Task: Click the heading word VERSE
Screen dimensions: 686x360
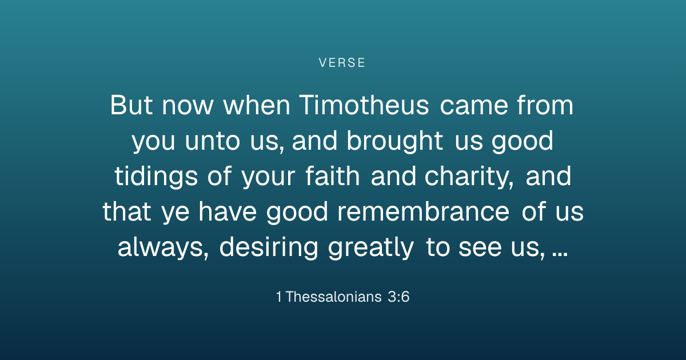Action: coord(342,63)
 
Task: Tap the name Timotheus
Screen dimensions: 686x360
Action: coord(364,105)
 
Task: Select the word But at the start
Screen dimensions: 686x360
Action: coord(131,105)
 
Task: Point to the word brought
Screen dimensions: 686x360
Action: coord(395,141)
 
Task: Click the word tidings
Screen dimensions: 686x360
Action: coord(156,177)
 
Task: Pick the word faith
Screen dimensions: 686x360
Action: coord(333,176)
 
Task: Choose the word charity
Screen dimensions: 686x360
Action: coord(469,177)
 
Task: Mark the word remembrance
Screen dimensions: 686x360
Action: coord(423,211)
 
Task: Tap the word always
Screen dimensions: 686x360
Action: coord(163,247)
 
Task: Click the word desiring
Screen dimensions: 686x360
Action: coord(269,247)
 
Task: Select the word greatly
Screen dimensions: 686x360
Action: coord(371,247)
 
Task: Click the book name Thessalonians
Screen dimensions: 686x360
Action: coord(333,297)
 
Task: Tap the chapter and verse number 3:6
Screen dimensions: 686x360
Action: coord(398,297)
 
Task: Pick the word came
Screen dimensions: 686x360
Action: coord(474,106)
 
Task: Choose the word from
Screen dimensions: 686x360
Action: coord(545,105)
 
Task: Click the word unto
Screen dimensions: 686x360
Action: coord(213,142)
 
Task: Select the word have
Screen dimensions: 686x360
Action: coord(228,211)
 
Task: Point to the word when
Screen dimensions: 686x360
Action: coord(257,105)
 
